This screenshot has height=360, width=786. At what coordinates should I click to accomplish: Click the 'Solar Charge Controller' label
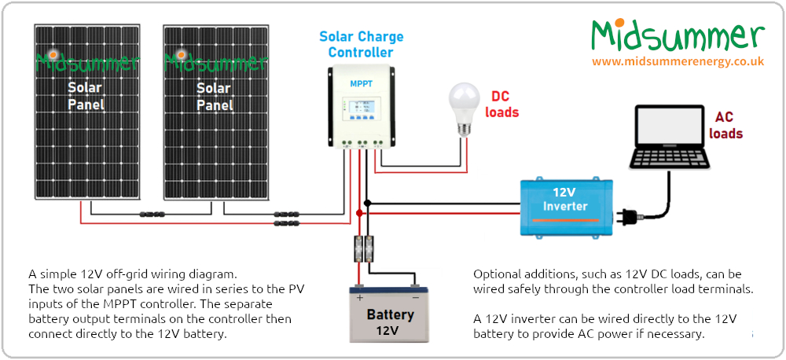(361, 45)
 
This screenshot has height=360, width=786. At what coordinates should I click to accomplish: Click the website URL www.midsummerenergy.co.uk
(678, 61)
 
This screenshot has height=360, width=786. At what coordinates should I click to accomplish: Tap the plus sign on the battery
(360, 298)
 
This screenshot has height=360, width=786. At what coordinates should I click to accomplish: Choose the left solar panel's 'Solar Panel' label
(86, 96)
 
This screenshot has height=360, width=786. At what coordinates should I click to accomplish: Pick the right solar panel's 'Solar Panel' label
(214, 97)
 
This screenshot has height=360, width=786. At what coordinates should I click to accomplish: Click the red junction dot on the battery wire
(360, 213)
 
